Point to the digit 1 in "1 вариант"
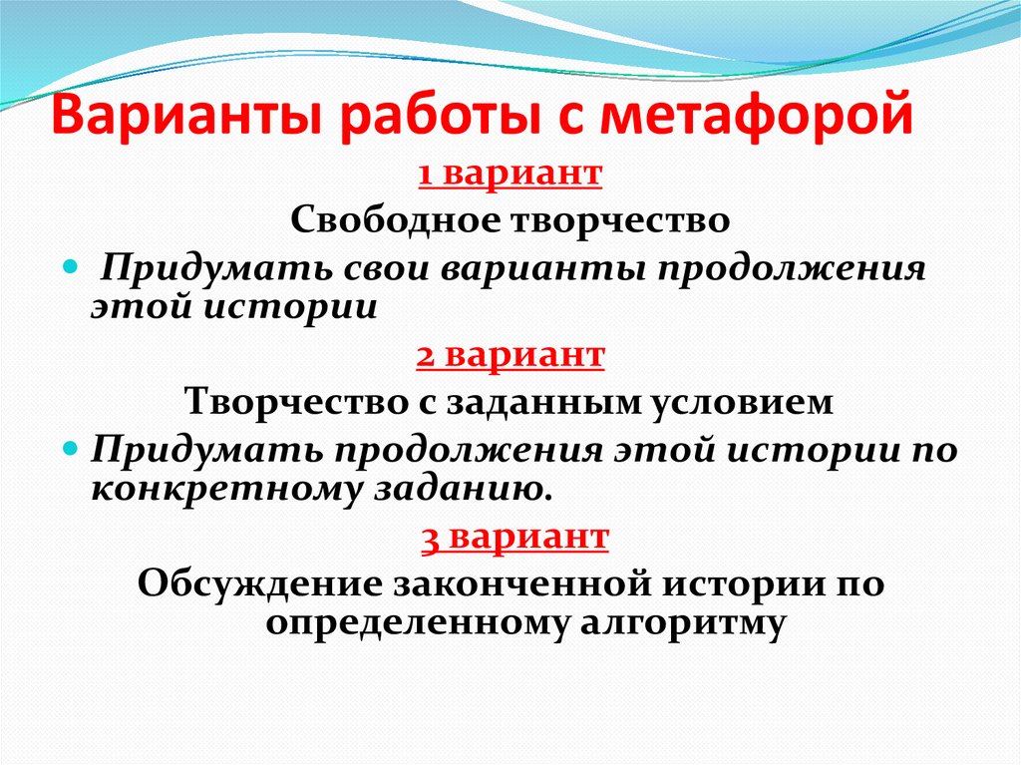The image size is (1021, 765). (x=424, y=174)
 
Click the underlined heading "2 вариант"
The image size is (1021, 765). (x=510, y=356)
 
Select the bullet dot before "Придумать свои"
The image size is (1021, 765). (x=70, y=270)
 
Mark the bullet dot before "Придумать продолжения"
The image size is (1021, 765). (x=70, y=452)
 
